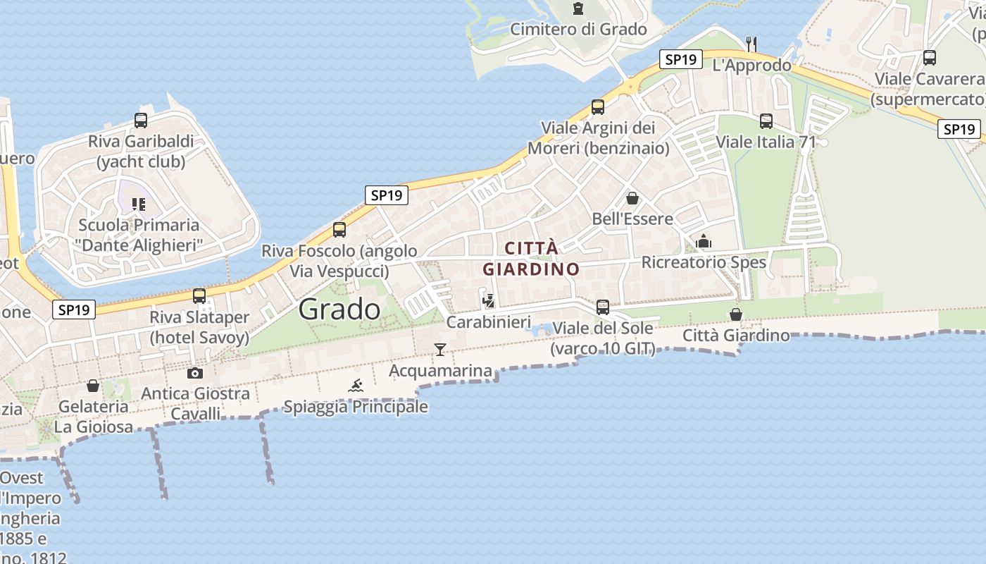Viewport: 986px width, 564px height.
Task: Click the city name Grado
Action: tap(339, 309)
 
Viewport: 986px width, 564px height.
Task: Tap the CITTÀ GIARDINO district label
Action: tap(531, 259)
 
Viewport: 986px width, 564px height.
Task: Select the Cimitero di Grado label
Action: tap(578, 29)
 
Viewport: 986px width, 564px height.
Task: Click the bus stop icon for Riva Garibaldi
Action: tap(141, 121)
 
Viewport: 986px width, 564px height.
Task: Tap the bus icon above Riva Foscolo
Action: tap(339, 230)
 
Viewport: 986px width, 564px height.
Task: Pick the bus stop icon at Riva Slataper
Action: tap(199, 296)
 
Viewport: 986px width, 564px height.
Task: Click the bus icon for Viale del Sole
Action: tap(602, 307)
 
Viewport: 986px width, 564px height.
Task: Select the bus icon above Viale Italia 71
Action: tap(766, 121)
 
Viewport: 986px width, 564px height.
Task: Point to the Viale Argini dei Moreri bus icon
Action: tap(598, 107)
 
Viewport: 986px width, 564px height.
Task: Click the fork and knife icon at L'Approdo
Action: tap(751, 44)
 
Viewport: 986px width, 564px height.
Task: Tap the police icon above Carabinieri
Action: tap(488, 301)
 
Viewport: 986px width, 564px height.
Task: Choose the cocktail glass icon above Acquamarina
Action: tap(440, 349)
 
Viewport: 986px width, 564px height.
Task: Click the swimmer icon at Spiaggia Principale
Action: tap(356, 385)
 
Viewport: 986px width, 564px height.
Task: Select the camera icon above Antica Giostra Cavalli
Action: tap(195, 373)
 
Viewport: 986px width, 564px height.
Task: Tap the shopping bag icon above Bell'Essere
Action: tap(632, 198)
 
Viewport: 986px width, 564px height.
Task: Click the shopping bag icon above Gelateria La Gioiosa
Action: tap(93, 386)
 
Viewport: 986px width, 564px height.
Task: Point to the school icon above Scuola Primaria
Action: tap(139, 204)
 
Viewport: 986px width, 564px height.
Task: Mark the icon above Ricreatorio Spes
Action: tap(704, 242)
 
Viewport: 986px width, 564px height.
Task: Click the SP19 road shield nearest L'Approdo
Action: tap(681, 60)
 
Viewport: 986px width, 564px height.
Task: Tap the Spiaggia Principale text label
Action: tap(356, 407)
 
